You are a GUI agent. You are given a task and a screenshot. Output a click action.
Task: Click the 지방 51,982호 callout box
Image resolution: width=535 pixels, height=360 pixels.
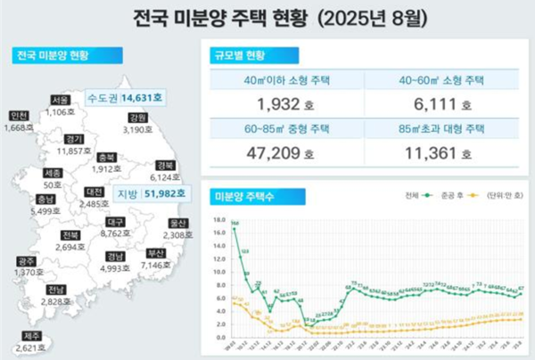150,192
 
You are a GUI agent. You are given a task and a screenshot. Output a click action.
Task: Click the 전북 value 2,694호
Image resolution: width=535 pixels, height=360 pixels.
71,246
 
